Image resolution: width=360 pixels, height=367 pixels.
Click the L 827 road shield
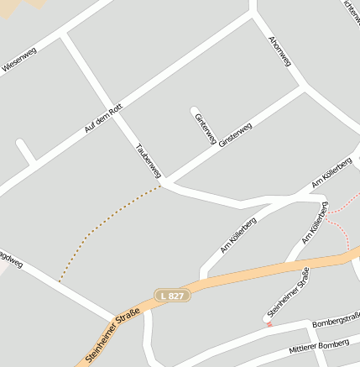click(x=173, y=296)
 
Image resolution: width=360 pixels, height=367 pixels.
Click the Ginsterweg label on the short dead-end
click(x=206, y=128)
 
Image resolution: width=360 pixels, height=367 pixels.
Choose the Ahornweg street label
click(x=280, y=51)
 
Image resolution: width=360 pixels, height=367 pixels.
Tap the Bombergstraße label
click(x=335, y=321)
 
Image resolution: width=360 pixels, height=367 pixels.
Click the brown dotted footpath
click(x=101, y=227)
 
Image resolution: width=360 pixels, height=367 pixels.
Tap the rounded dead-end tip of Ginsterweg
click(x=195, y=110)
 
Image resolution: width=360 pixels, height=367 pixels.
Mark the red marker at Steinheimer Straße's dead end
click(x=269, y=322)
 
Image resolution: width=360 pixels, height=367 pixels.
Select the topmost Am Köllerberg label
click(x=331, y=171)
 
